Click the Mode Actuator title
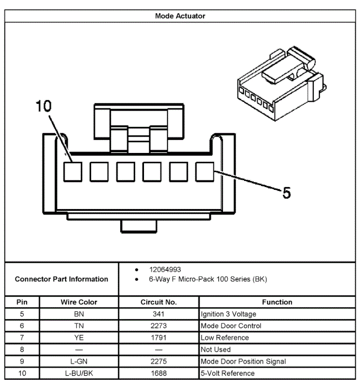(x=180, y=16)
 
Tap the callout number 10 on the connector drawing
(x=43, y=106)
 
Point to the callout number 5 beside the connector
(x=287, y=192)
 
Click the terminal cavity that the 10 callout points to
(x=72, y=171)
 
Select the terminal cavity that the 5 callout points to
(x=204, y=171)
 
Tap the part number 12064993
(x=165, y=270)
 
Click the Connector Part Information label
(x=61, y=279)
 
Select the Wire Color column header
(x=79, y=302)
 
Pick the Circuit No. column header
(x=159, y=302)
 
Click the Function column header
(x=277, y=302)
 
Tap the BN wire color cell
(x=79, y=314)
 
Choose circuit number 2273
(x=159, y=326)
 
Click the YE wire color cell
(x=79, y=338)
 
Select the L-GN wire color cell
(x=79, y=362)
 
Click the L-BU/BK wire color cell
(x=79, y=373)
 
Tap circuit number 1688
(x=159, y=373)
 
